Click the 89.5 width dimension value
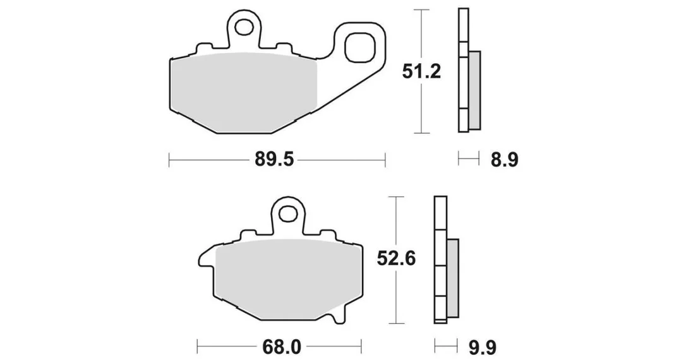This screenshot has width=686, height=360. pos(274,160)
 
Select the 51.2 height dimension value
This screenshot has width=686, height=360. pos(421,71)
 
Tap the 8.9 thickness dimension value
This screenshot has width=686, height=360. pos(504,160)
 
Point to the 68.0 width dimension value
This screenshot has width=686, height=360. pos(282,348)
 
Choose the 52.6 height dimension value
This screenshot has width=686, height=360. pos(396,260)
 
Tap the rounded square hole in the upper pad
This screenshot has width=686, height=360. pos(361,47)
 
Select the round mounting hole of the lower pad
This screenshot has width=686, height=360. pos(287,214)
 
